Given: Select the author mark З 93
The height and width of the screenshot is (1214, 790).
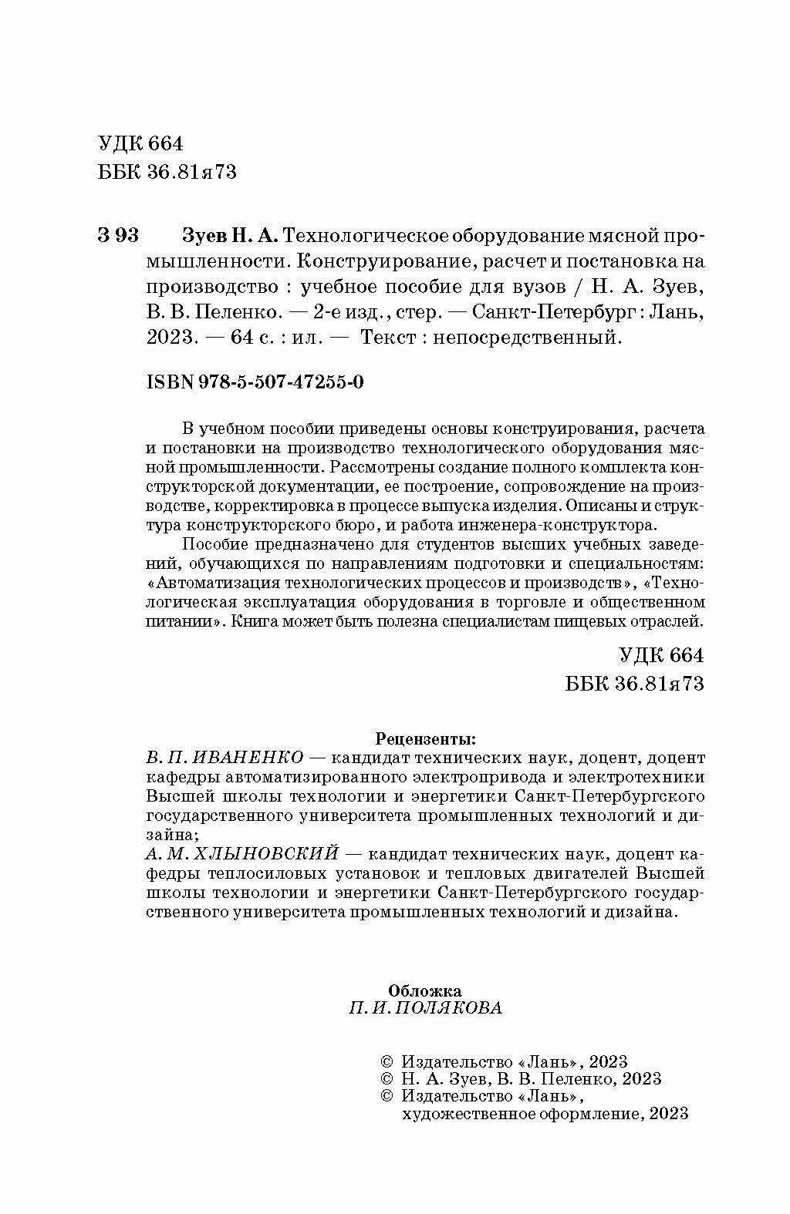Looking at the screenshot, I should click(x=118, y=234).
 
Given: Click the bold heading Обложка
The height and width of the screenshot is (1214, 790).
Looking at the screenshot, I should click(x=425, y=991).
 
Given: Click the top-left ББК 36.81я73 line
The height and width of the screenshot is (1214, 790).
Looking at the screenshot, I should click(x=167, y=172).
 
